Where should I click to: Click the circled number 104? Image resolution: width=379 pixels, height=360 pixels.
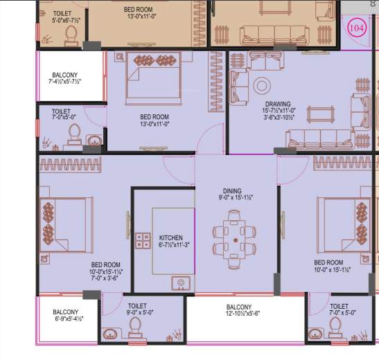tap(356, 28)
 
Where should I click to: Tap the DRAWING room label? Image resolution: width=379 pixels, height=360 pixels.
tap(278, 105)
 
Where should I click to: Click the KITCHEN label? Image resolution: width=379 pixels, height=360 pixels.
tap(170, 237)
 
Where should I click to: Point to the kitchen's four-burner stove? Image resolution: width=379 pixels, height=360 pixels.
tap(143, 240)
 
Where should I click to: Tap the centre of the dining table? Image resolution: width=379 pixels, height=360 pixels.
tap(236, 240)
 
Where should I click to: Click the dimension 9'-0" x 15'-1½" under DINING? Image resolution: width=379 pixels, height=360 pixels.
tap(232, 197)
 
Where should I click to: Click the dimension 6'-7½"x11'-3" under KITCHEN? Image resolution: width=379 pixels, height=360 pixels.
tap(170, 245)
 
